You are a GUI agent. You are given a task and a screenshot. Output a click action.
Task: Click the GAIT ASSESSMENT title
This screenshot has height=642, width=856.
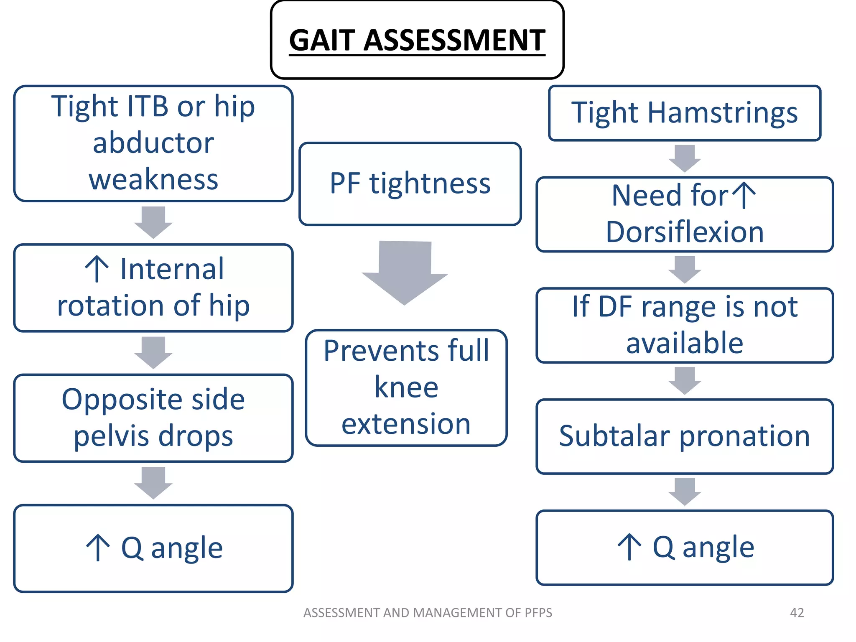417,40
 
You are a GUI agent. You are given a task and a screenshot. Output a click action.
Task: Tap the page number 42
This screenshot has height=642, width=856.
797,612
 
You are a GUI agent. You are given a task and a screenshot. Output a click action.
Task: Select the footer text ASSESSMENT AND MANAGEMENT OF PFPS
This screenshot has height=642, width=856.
428,612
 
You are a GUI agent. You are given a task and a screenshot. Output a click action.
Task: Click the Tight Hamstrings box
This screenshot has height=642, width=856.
684,113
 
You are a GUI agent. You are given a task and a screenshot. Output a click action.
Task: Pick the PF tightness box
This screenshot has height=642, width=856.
410,184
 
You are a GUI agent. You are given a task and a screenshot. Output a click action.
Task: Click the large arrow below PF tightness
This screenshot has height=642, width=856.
405,272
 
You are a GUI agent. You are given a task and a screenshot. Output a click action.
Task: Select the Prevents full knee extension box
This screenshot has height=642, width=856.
406,387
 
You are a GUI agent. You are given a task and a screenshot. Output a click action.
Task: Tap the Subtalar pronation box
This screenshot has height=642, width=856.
684,436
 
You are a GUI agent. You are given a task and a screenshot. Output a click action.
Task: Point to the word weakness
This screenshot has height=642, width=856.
153,180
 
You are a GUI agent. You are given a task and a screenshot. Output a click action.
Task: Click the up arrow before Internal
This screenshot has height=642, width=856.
97,269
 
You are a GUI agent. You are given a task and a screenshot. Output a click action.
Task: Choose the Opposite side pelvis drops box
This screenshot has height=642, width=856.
153,418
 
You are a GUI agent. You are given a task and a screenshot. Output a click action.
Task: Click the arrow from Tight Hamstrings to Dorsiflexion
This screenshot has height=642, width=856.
684,158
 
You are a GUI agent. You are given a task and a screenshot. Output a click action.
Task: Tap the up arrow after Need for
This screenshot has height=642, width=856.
744,195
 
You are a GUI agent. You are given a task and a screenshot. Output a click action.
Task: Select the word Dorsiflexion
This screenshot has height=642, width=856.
684,232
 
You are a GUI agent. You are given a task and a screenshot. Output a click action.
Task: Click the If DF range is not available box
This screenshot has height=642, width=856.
684,325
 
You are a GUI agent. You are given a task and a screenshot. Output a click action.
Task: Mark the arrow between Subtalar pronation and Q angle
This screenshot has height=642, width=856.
684,492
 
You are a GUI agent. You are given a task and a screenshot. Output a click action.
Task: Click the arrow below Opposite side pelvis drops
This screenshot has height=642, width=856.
153,483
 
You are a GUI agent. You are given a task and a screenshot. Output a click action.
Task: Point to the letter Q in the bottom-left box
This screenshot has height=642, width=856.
132,548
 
